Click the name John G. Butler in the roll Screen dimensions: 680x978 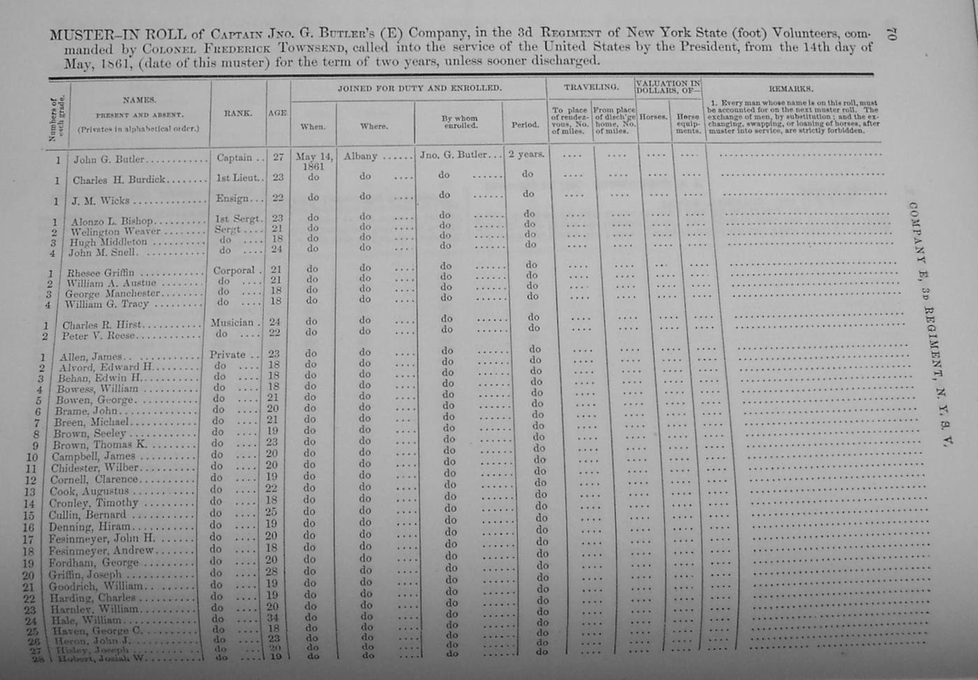108,159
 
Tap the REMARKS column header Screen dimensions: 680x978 791,89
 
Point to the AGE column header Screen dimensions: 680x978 277,112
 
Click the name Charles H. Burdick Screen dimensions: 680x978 119,179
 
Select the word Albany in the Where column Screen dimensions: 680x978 360,156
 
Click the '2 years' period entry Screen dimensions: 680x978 526,154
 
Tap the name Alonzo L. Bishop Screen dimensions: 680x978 112,221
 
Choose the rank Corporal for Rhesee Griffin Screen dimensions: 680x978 234,270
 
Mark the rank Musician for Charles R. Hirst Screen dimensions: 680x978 232,323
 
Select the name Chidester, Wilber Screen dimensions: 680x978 95,468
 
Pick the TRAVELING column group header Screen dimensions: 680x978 591,87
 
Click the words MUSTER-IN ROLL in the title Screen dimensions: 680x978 117,34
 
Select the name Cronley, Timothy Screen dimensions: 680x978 94,503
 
